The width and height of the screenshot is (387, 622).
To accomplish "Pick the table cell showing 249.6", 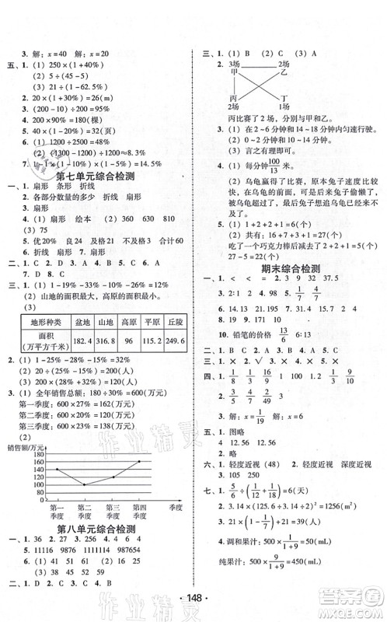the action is coord(174,361).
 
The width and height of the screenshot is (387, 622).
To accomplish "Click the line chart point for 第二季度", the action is coord(83,484).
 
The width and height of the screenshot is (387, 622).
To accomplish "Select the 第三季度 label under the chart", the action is coord(113,514).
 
